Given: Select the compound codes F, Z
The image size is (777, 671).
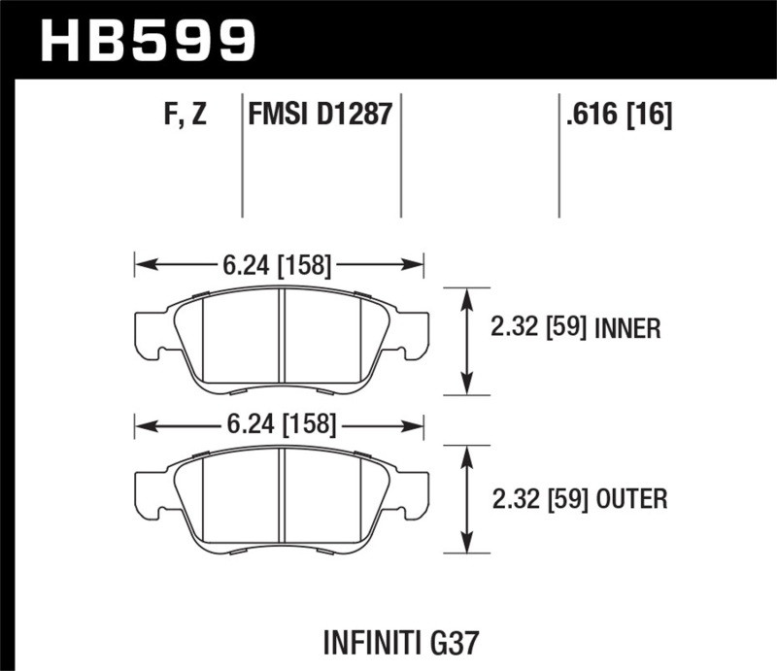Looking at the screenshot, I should point(186,116).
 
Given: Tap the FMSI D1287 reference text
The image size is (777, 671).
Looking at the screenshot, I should point(321,116).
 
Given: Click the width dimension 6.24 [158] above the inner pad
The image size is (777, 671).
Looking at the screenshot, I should point(279,264).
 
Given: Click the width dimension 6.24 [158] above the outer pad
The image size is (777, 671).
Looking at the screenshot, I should point(279,424).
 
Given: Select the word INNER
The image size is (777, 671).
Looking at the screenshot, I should point(627,329).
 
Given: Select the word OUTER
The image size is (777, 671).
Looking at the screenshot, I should point(629,500).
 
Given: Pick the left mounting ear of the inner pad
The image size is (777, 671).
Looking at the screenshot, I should point(149,331).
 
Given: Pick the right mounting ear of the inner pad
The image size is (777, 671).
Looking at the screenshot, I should point(412,331).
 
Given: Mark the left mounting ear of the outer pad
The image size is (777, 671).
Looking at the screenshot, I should point(149,489).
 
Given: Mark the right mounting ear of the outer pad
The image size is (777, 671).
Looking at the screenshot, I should point(412,489).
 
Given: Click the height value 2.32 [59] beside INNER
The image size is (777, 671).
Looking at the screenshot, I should point(536,329).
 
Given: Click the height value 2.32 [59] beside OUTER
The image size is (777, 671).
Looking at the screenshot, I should point(536,500).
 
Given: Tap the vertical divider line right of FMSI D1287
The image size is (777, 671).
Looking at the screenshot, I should point(401,155).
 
